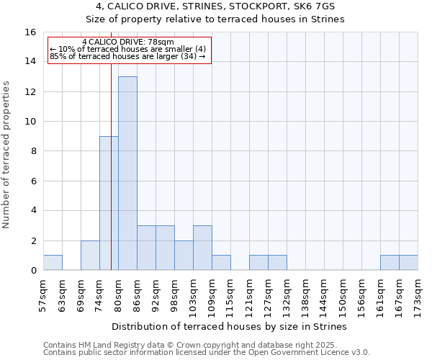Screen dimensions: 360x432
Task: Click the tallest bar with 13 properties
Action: pyautogui.click(x=127, y=173)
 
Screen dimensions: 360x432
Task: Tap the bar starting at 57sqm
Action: pyautogui.click(x=53, y=263)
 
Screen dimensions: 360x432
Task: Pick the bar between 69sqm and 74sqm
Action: pyautogui.click(x=90, y=256)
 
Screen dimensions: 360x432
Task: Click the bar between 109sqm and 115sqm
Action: pyautogui.click(x=221, y=263)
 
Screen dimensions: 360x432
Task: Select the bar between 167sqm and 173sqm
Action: pyautogui.click(x=408, y=263)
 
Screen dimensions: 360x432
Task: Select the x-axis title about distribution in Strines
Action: pyautogui.click(x=230, y=326)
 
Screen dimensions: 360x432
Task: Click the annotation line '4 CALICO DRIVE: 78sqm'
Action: pyautogui.click(x=128, y=42)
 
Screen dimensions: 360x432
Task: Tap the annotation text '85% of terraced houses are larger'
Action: pyautogui.click(x=128, y=56)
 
